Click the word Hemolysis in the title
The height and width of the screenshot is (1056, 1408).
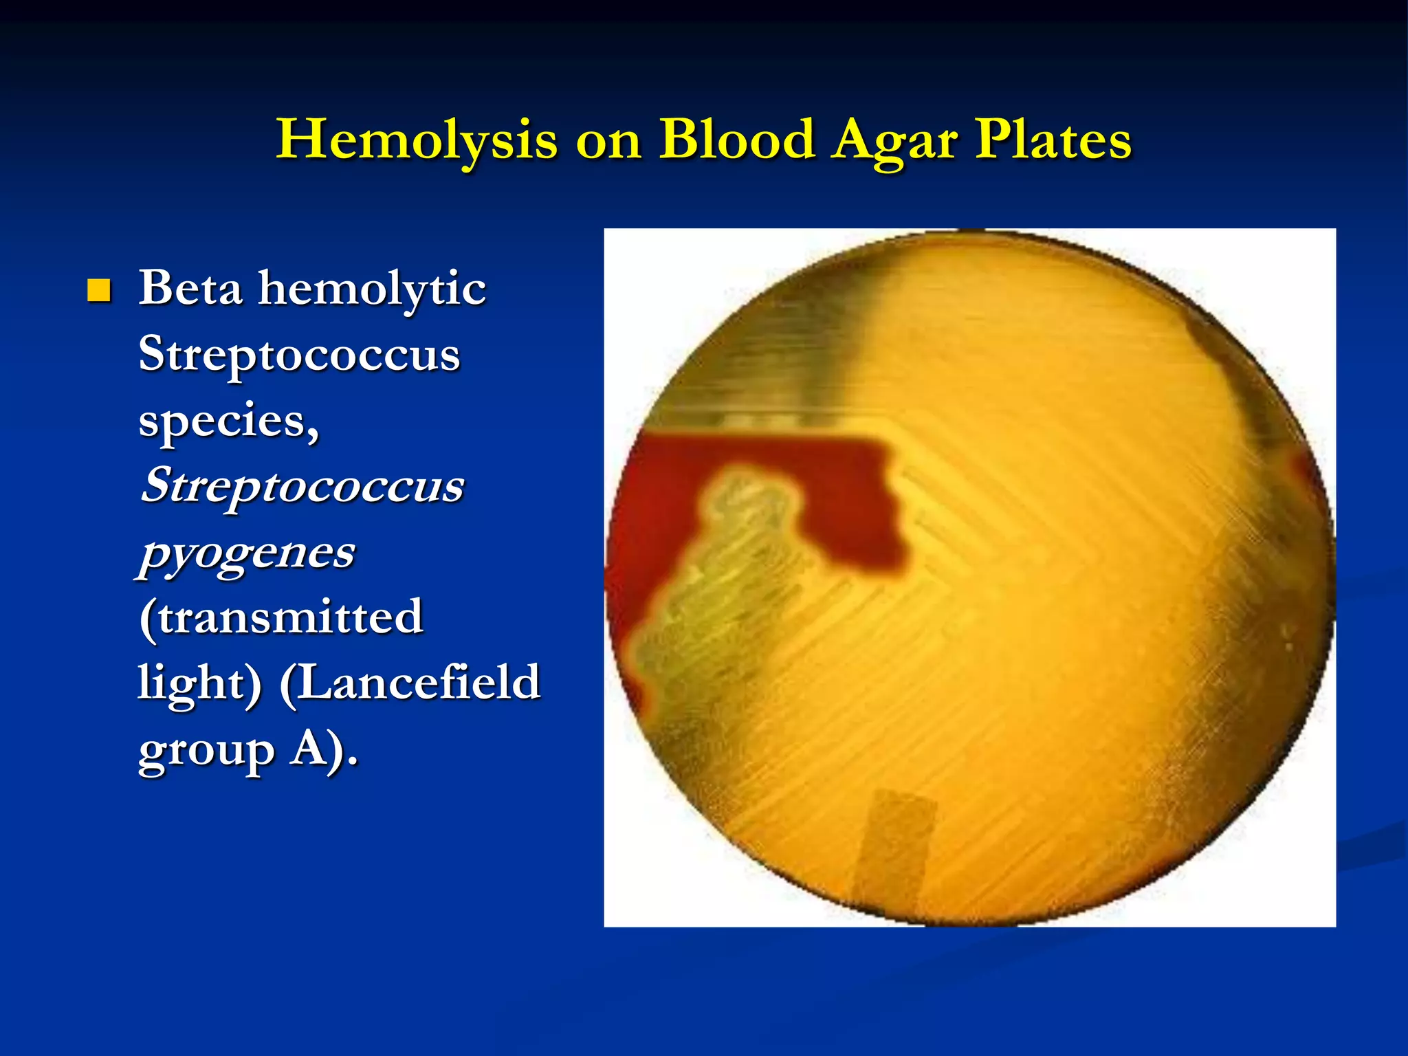[417, 140]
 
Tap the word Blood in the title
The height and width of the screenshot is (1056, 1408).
[737, 140]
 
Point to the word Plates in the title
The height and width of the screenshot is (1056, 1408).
[1053, 140]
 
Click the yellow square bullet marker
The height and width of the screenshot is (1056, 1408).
[99, 291]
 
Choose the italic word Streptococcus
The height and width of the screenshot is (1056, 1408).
[302, 485]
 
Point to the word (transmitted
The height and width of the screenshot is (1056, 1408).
[280, 617]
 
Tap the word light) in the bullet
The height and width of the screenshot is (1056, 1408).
[200, 683]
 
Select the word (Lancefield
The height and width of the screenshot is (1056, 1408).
[410, 683]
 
